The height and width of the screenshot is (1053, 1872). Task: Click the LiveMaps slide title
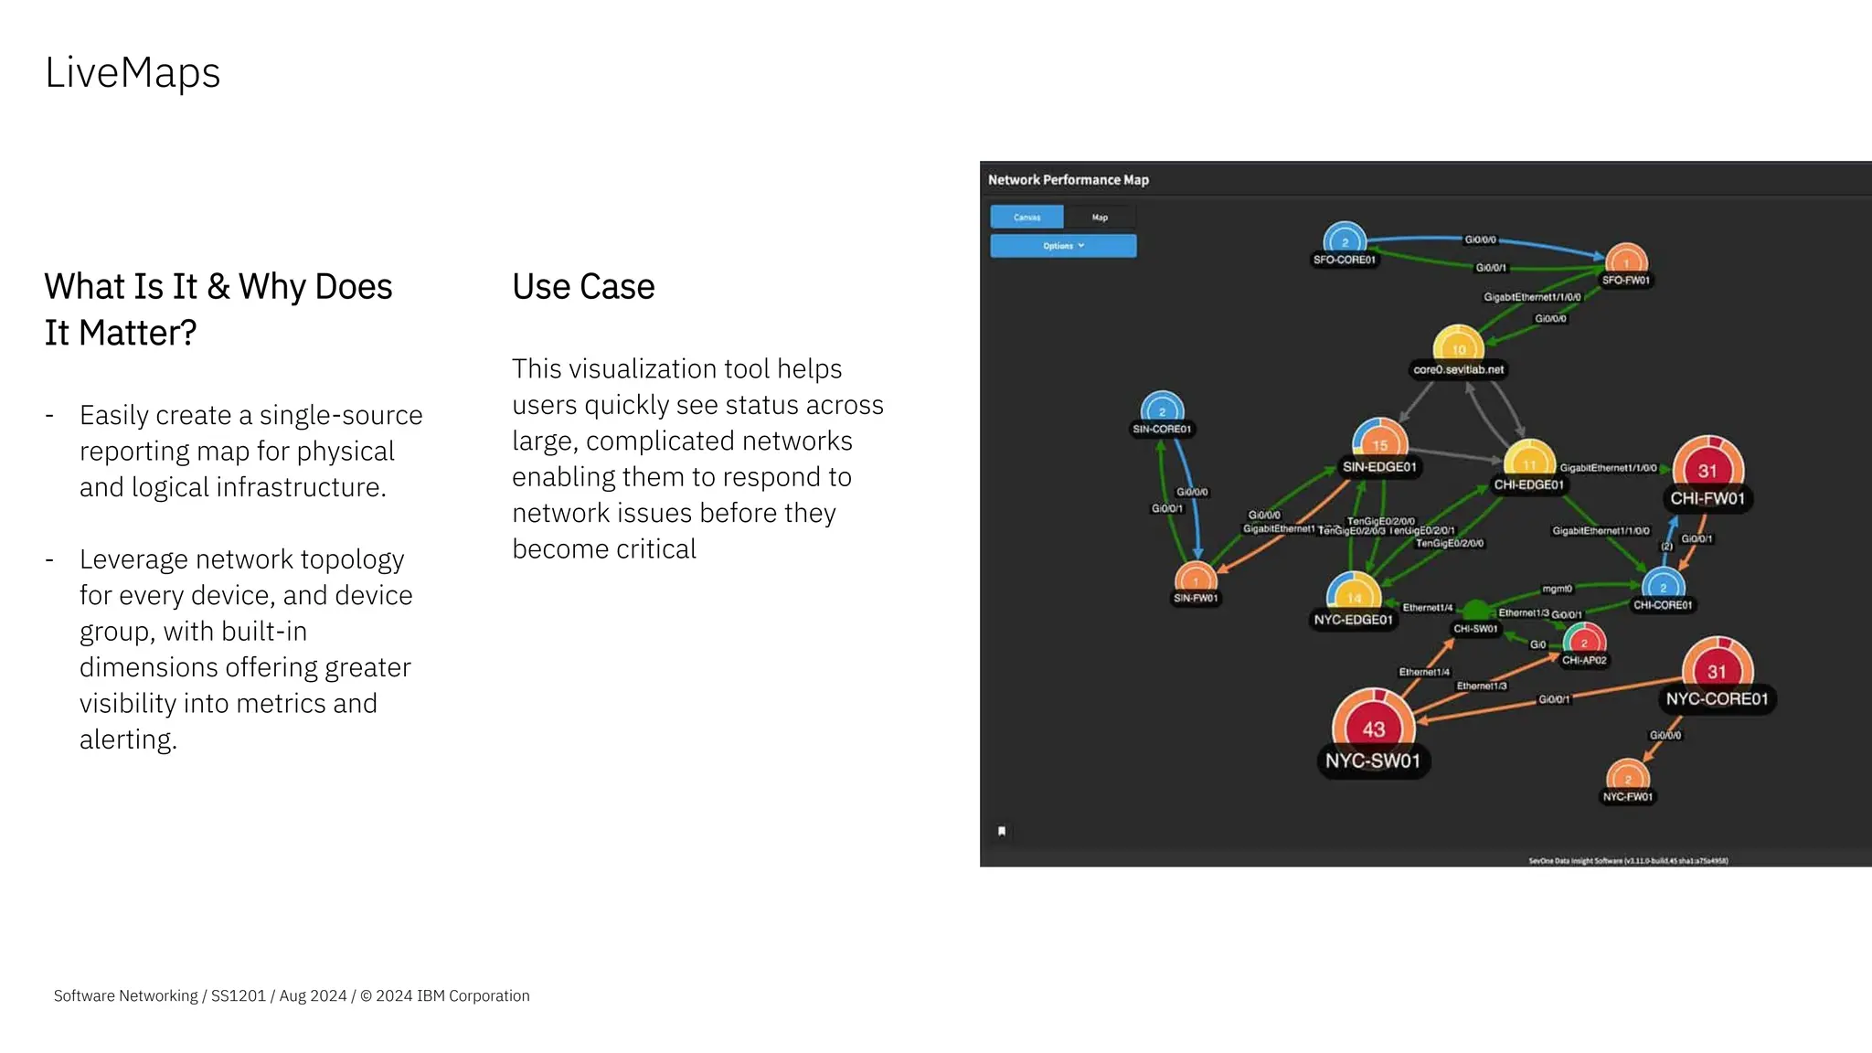(133, 73)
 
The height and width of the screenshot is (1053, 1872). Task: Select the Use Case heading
(583, 287)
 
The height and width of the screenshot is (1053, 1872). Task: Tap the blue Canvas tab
(1027, 218)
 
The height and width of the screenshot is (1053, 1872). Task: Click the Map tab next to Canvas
(1100, 218)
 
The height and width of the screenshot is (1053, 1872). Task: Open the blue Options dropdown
(1063, 246)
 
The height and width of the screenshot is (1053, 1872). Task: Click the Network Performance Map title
(1068, 180)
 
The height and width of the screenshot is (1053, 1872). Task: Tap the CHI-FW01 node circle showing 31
(1707, 469)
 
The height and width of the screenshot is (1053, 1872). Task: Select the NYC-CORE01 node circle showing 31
(1717, 670)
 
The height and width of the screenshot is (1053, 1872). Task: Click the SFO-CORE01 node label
(1344, 261)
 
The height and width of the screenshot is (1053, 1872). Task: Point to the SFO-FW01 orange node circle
(1626, 260)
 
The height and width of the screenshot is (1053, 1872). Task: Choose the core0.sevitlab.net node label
(1458, 370)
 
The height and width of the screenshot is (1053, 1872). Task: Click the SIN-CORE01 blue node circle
(1162, 409)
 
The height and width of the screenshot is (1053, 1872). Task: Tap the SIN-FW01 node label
(1196, 599)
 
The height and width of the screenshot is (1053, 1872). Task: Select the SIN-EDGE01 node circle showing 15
(1379, 442)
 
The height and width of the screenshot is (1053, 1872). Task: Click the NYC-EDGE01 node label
(1353, 621)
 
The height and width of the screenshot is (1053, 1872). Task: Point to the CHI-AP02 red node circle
(1584, 641)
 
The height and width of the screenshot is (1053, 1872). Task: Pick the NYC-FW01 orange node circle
(1627, 778)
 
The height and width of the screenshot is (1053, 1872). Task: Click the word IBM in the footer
(431, 996)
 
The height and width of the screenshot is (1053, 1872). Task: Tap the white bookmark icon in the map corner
(1002, 831)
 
